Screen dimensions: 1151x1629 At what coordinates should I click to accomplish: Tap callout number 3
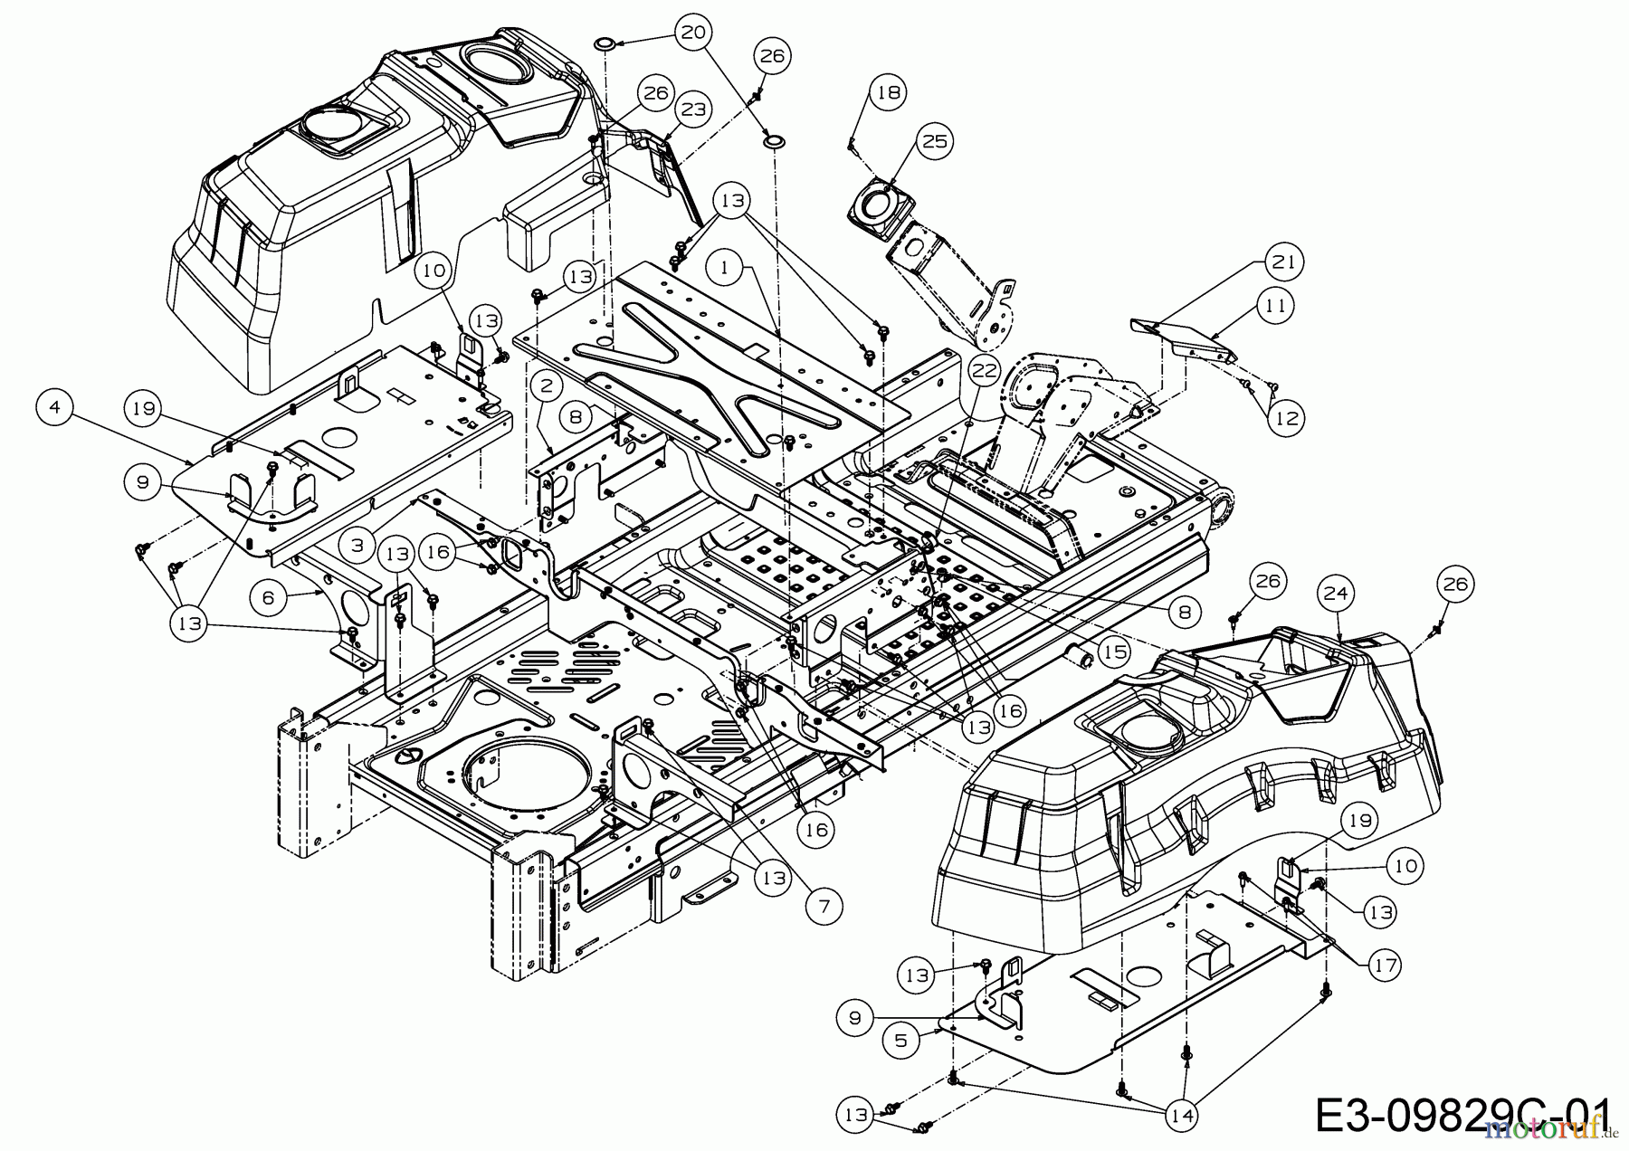coord(359,546)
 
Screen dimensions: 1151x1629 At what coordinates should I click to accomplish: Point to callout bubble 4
coord(55,408)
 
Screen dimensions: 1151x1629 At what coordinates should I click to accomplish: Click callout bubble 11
coord(1275,306)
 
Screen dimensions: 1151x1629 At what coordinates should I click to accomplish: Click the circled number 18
coord(889,91)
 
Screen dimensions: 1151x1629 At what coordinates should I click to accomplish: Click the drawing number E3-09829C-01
coord(1465,1115)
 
